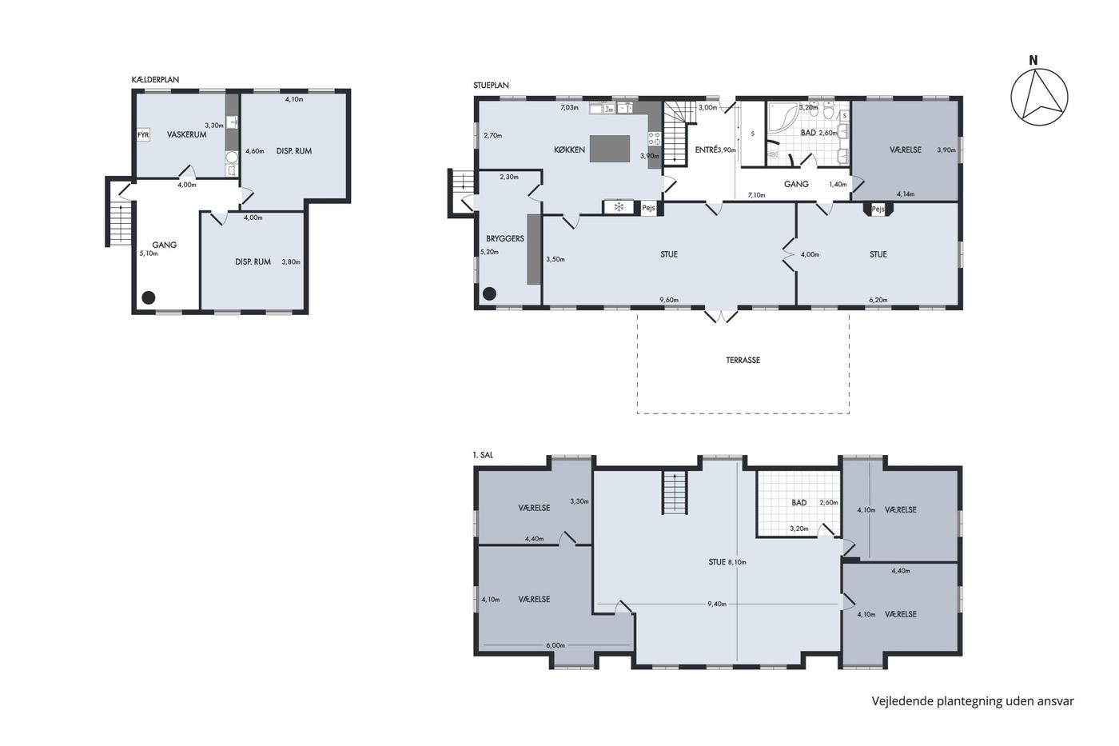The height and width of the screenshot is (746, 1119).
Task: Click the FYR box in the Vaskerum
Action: [x=143, y=135]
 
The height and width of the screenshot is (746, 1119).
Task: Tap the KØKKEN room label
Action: [x=569, y=150]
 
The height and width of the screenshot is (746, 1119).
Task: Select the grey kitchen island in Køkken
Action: [x=609, y=149]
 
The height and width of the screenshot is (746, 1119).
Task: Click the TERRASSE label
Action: [x=743, y=360]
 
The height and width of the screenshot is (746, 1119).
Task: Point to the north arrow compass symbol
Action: [x=1039, y=98]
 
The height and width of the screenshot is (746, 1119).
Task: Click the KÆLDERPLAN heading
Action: [x=155, y=79]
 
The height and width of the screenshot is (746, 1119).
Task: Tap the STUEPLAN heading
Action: [x=491, y=86]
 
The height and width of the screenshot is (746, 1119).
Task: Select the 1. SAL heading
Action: [x=483, y=455]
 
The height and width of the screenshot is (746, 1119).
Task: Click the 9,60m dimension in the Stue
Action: [x=669, y=300]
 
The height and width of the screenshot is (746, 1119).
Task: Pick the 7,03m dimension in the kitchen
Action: [x=569, y=107]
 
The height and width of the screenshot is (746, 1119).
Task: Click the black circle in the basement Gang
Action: [x=149, y=297]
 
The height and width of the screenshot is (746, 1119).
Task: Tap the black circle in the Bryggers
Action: [x=489, y=293]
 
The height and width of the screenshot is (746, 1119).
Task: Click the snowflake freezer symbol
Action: [x=619, y=207]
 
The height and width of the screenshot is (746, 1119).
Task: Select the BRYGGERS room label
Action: [x=505, y=239]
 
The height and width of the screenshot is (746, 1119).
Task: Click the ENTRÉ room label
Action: [x=707, y=150]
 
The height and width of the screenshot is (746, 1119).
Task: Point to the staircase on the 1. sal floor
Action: [x=675, y=493]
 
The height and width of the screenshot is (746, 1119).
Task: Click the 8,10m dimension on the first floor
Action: [x=737, y=562]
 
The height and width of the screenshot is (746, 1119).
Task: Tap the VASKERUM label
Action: [x=187, y=134]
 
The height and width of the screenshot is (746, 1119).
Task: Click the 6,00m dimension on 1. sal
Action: [x=556, y=645]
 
